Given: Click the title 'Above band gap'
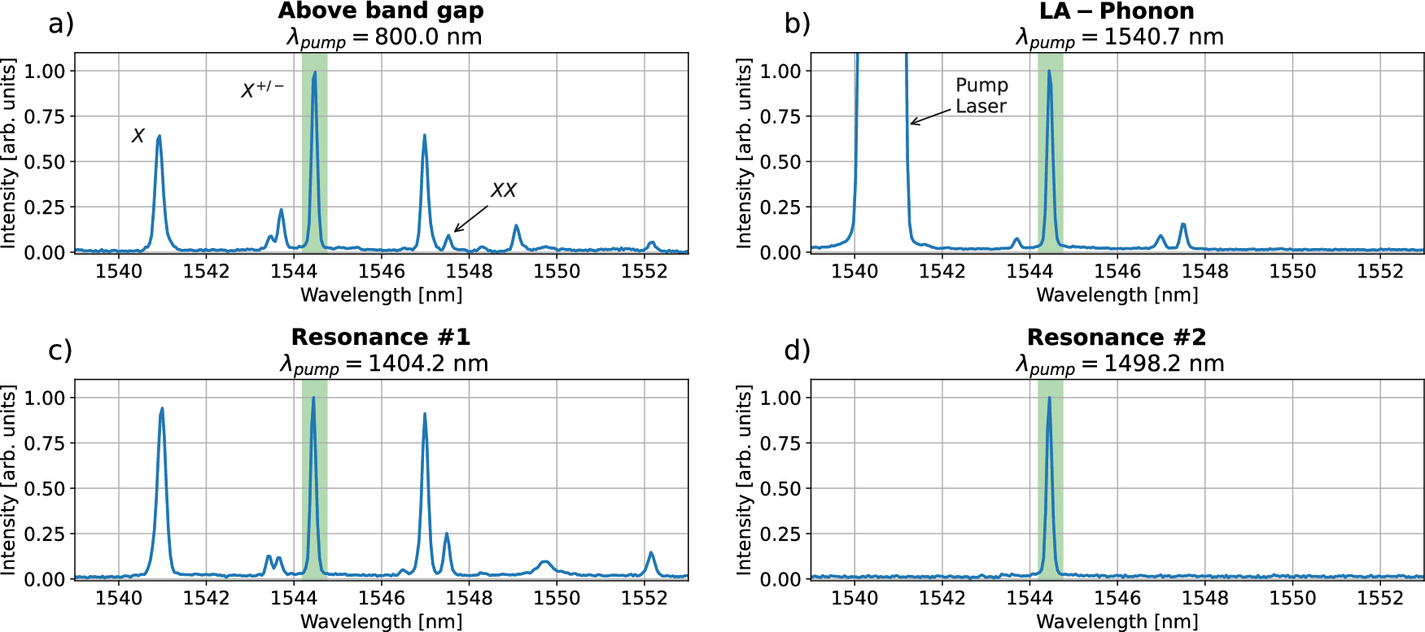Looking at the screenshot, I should coord(381,11).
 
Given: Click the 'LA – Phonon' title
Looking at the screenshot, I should coord(1117,11).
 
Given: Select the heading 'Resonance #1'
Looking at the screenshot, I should coord(381,338).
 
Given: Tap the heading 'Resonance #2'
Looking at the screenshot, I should coord(1117,338).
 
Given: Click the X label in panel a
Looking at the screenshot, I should coord(138,136).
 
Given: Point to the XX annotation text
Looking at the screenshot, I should coord(503,190).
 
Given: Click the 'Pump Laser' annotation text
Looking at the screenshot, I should coord(981,96).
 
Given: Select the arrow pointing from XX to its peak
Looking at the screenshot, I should coord(471,219).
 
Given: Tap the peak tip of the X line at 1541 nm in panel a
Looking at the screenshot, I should coord(160,137).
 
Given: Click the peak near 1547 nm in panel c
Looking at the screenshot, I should coord(425,416).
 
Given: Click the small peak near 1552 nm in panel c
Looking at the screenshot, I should coord(651,553).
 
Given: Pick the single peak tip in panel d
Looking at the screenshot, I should coord(1049,399).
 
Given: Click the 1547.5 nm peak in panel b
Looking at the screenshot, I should coord(1182,224).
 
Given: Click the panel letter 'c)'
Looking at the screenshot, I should coord(60,350).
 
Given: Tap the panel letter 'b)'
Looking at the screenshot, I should coord(797,24).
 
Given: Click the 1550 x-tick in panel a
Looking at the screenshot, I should coord(557,272).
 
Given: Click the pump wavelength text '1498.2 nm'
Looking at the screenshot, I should coord(1164,364).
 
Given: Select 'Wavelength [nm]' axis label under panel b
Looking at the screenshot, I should coord(1117,294).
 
